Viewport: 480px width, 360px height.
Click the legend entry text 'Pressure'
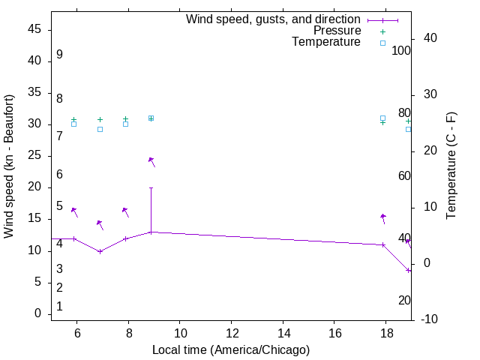pos(337,31)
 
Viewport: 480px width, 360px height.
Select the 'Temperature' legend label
pos(326,42)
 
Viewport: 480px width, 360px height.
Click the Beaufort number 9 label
pos(59,55)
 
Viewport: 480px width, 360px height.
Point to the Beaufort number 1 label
pos(59,307)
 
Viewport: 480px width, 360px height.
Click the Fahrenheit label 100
pos(401,51)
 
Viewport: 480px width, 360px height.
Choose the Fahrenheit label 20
pos(404,300)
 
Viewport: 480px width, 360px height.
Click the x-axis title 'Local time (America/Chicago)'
pos(231,349)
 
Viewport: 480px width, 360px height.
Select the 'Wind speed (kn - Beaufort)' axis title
pos(10,166)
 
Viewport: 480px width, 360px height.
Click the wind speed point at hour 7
pos(100,251)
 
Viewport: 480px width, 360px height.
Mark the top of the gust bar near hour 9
pos(151,187)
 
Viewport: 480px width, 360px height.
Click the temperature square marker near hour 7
pos(100,129)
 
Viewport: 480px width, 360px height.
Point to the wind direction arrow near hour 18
pos(383,218)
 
